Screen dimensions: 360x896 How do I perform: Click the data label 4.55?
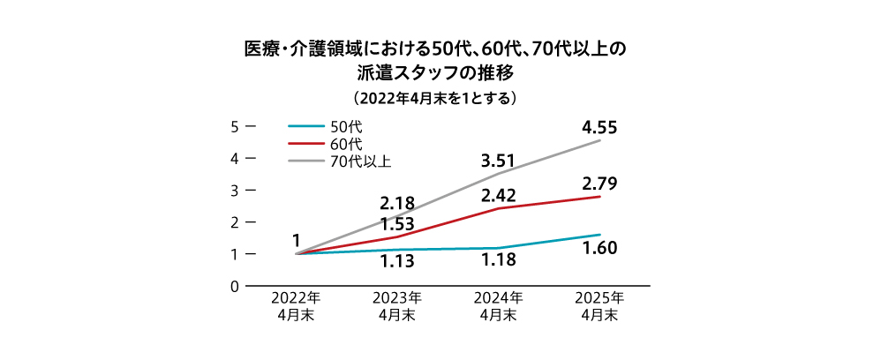tap(599, 128)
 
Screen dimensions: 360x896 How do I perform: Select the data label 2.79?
tap(599, 184)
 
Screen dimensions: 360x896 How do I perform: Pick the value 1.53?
tap(397, 223)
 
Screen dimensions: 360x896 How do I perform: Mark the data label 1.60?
tap(599, 248)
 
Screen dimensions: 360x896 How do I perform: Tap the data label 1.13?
tap(397, 261)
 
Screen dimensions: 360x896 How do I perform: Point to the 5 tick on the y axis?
tap(236, 126)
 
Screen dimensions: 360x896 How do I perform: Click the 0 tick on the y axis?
tap(236, 286)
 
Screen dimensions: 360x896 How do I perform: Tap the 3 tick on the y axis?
tap(236, 191)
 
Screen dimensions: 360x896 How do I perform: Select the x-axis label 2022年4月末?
tap(296, 305)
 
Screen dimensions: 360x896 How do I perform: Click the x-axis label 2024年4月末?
tap(498, 305)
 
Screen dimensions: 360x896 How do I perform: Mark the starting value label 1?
tap(297, 240)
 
